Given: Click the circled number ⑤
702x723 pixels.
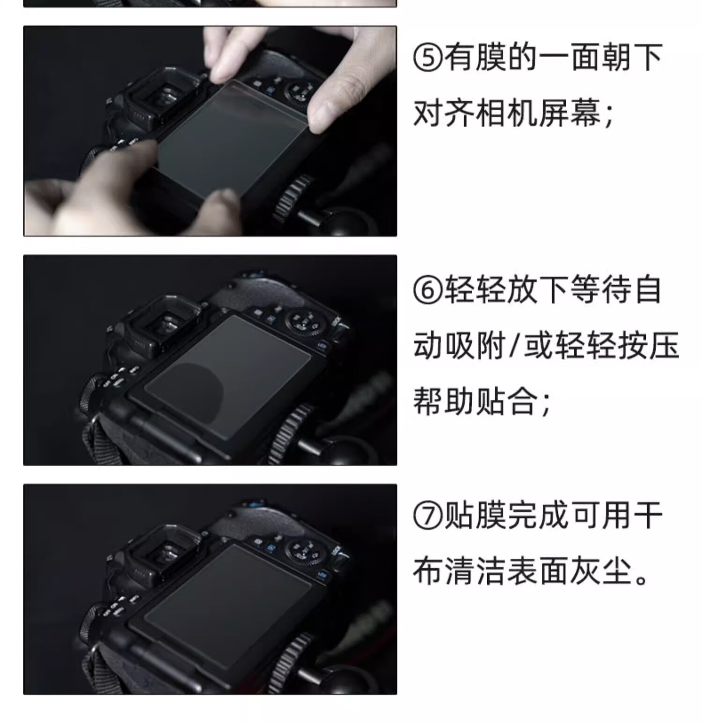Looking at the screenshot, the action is pos(428,58).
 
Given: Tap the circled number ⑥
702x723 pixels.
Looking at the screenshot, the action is pos(428,290).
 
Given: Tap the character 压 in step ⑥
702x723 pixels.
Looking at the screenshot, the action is pos(664,346).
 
